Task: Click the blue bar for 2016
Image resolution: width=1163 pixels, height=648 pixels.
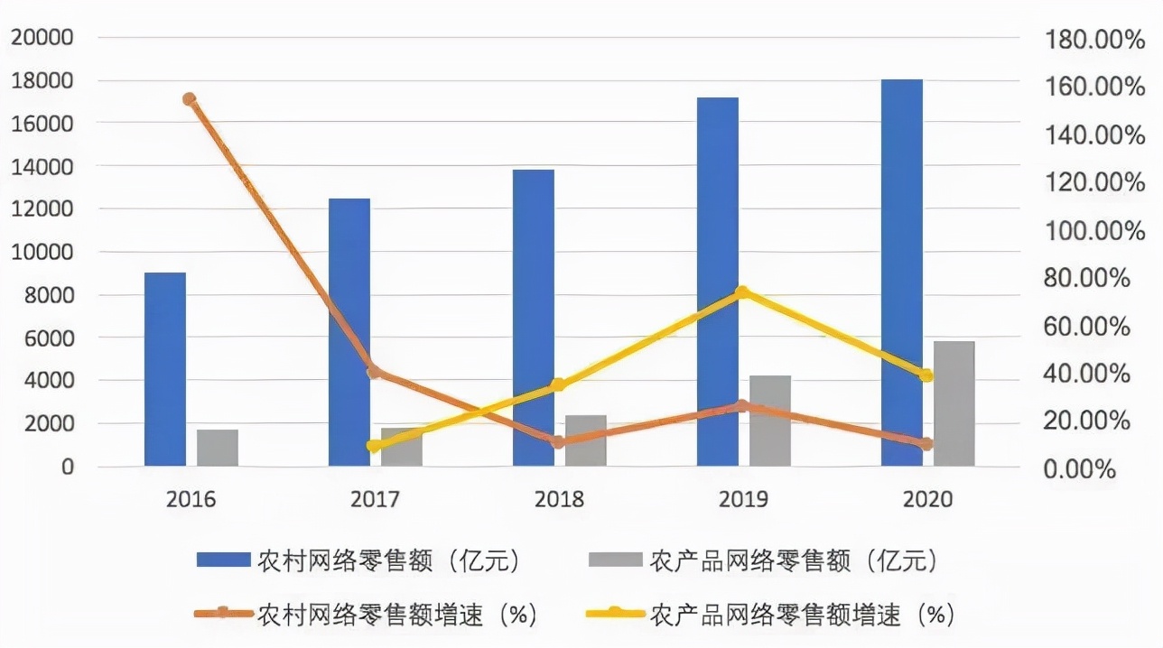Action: [x=165, y=369]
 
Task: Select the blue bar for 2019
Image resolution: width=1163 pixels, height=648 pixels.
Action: [x=718, y=282]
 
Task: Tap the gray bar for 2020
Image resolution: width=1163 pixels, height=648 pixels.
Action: [x=954, y=403]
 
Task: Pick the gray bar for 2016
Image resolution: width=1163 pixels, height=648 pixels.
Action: [x=218, y=448]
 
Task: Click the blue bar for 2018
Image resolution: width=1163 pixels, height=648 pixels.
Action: [x=534, y=318]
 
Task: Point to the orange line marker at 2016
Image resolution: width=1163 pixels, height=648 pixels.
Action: [x=189, y=99]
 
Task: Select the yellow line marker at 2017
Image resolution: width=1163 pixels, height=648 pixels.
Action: [x=374, y=445]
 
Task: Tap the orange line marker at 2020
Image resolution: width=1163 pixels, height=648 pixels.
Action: [x=926, y=443]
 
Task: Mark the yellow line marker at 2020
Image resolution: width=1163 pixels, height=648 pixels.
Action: [x=926, y=375]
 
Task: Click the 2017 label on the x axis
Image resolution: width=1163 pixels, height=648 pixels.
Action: [x=375, y=499]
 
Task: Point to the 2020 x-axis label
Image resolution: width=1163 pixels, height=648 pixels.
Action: [x=927, y=499]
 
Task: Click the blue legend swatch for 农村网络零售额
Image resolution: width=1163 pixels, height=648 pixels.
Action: [x=223, y=561]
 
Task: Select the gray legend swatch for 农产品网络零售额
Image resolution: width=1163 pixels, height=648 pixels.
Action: [x=615, y=561]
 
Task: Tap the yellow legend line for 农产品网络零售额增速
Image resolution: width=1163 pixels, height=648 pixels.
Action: [x=614, y=614]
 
